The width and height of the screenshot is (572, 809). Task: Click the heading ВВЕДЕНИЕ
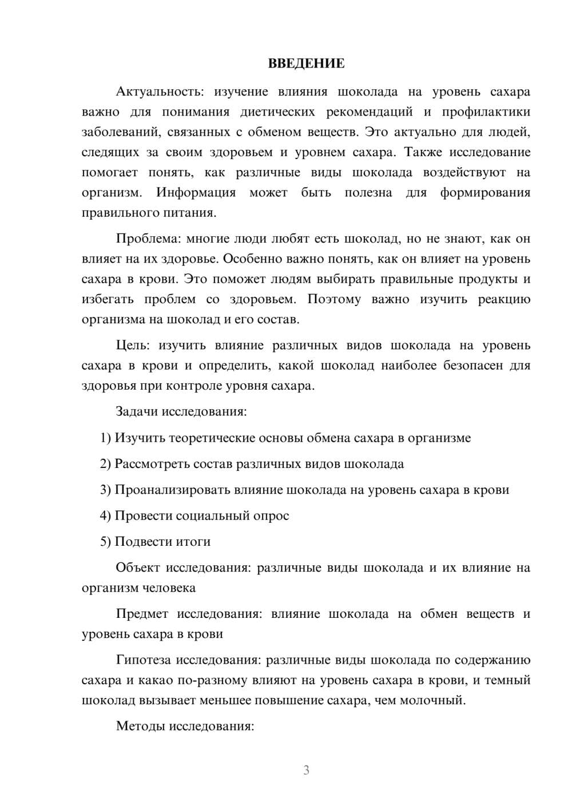[306, 64]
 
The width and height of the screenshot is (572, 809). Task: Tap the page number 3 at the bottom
[306, 770]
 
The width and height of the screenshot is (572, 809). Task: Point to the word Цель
[132, 346]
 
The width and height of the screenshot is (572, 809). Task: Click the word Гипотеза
[144, 660]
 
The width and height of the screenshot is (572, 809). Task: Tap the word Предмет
[142, 614]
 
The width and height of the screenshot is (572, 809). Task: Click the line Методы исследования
[185, 726]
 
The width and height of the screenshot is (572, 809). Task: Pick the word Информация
[196, 193]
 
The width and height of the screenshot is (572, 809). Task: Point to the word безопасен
[470, 366]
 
